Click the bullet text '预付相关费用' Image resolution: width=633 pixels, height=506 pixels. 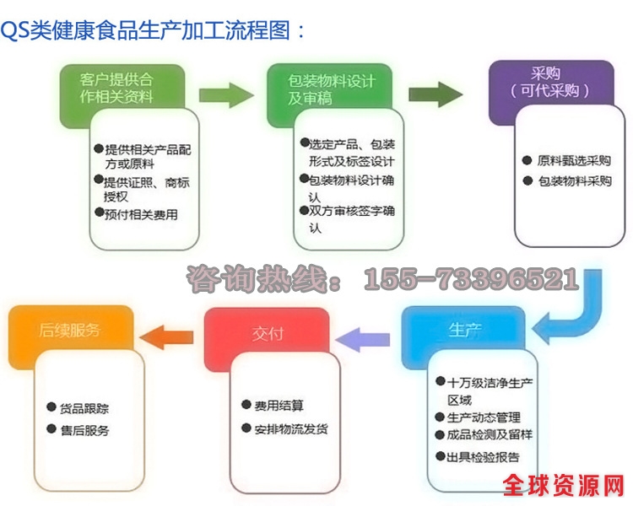[140, 214]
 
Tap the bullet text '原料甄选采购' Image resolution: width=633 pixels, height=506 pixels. [572, 160]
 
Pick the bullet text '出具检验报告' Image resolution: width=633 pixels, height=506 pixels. [481, 457]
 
